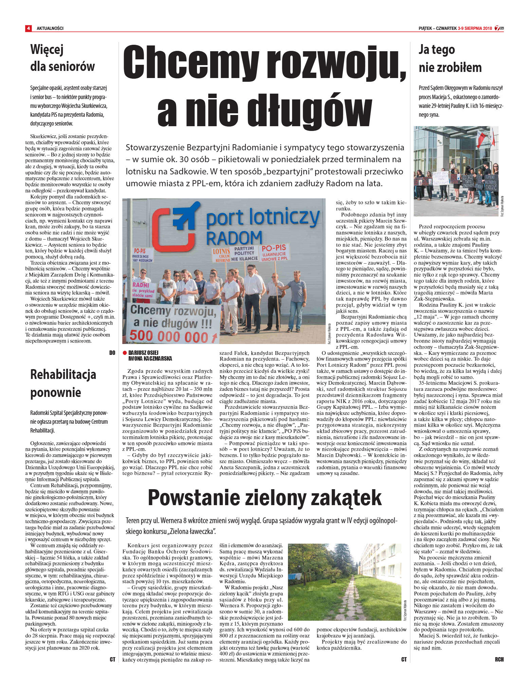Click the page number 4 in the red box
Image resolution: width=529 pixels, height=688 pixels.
28,28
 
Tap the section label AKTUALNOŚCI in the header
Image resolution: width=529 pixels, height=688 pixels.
50,28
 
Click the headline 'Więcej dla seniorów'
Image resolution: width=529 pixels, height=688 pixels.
62,58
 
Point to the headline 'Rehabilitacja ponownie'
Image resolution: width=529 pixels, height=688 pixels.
63,383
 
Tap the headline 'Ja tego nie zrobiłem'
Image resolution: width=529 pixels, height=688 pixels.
450,58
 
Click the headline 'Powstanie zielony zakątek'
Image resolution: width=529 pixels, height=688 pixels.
264,498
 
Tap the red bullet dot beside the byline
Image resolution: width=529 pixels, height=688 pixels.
125,353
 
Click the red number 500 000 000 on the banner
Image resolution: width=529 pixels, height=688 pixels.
169,336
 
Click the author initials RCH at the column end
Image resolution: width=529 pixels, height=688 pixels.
499,660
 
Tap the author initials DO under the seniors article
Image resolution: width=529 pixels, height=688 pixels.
112,353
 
